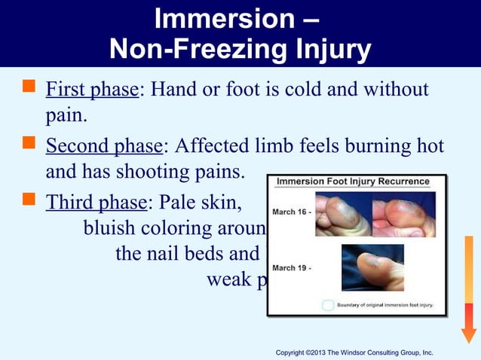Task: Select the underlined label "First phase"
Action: coord(92,90)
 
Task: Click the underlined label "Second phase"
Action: coord(103,145)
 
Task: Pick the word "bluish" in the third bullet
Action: coord(112,227)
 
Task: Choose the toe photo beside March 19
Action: coord(372,267)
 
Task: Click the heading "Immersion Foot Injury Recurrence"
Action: coord(353,182)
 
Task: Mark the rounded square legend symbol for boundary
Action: coord(328,305)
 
